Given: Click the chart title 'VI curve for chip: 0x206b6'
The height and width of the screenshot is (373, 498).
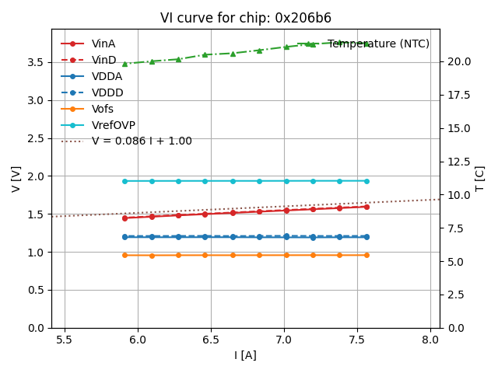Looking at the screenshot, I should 246,18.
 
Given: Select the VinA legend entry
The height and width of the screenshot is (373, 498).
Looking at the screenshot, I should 103,44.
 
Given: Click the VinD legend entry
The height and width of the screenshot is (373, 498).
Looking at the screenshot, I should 103,60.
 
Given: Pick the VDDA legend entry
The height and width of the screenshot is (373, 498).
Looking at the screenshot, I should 107,76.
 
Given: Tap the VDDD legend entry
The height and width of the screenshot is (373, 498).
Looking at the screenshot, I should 107,92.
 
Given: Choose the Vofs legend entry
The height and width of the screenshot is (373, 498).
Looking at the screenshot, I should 102,109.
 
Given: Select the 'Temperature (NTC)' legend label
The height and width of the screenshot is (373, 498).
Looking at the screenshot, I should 378,44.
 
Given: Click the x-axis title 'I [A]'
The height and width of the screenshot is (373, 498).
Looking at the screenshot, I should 246,355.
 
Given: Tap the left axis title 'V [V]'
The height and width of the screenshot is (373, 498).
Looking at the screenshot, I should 16,179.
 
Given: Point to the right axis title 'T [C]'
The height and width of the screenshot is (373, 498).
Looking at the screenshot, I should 480,179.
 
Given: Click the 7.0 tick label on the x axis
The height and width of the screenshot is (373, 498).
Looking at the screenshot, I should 284,340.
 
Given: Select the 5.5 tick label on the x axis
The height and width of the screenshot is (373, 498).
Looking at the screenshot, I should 65,340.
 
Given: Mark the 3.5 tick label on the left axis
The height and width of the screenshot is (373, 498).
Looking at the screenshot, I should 37,62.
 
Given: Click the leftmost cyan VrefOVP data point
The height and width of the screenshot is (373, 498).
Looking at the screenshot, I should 124,181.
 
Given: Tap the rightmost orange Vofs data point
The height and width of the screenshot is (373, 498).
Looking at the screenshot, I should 366,255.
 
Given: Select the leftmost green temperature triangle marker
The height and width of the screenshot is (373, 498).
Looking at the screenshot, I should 124,64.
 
